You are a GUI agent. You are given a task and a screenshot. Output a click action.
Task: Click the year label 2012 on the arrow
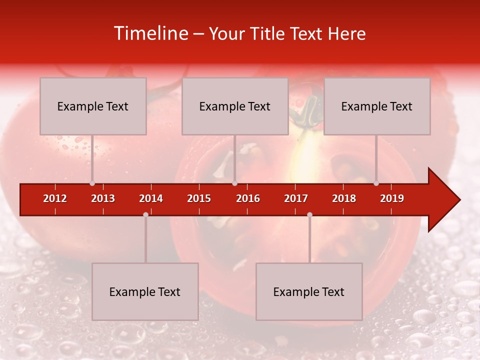pyautogui.click(x=55, y=198)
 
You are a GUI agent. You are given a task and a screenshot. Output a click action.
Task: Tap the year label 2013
pyautogui.click(x=103, y=198)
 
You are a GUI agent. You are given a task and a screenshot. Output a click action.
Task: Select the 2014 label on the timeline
pyautogui.click(x=151, y=198)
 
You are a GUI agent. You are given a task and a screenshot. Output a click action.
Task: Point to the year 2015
pyautogui.click(x=199, y=198)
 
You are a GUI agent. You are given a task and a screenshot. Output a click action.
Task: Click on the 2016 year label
pyautogui.click(x=248, y=198)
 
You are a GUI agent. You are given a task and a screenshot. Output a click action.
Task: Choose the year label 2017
pyautogui.click(x=296, y=198)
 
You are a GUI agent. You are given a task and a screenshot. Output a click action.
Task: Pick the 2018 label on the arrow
pyautogui.click(x=344, y=198)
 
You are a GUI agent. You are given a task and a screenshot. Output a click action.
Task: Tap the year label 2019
pyautogui.click(x=392, y=198)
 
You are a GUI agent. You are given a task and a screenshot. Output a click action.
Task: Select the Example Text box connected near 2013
pyautogui.click(x=93, y=106)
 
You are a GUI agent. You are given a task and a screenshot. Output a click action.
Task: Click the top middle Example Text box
pyautogui.click(x=235, y=106)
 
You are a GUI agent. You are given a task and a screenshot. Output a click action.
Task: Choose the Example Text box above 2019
pyautogui.click(x=377, y=106)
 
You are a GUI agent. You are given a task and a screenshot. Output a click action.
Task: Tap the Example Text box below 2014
pyautogui.click(x=145, y=292)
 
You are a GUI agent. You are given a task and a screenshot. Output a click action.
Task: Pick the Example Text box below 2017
pyautogui.click(x=309, y=292)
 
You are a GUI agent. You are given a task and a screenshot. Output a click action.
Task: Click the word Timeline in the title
pyautogui.click(x=150, y=33)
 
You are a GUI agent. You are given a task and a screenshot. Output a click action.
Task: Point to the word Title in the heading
pyautogui.click(x=270, y=34)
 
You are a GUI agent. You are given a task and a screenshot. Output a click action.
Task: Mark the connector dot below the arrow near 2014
pyautogui.click(x=145, y=214)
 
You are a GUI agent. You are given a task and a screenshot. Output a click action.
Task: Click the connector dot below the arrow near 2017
pyautogui.click(x=309, y=214)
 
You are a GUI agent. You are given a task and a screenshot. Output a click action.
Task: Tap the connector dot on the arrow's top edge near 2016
pyautogui.click(x=234, y=183)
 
